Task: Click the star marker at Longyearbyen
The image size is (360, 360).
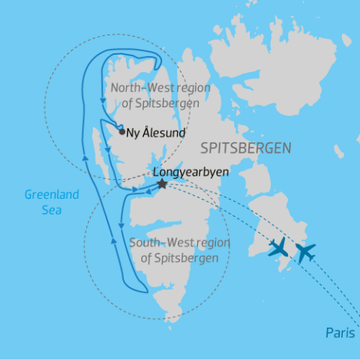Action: coord(161,183)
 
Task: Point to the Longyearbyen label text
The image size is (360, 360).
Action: coord(190,170)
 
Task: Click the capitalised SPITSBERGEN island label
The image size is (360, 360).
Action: coord(245,148)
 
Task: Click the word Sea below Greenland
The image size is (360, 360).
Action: coord(52,210)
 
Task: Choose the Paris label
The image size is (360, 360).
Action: coord(340,332)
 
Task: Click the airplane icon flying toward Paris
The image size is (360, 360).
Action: coord(304,252)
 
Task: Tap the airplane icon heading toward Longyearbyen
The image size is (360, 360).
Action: coord(277,247)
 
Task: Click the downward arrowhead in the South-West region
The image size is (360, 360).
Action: coord(121,223)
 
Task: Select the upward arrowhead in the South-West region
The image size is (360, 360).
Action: coord(112,240)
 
